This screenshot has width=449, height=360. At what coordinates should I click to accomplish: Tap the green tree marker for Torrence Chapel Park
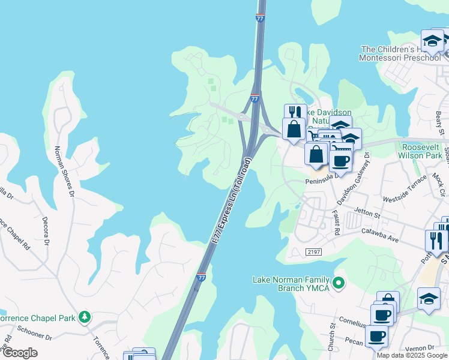pos(85,316)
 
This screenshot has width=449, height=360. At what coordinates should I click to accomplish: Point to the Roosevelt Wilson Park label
pos(421,151)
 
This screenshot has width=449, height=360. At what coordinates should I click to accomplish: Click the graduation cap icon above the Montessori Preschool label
pos(432,41)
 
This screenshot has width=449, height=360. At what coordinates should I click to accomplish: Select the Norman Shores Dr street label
pos(64,172)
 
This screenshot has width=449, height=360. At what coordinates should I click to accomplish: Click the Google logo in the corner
pos(20,353)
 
